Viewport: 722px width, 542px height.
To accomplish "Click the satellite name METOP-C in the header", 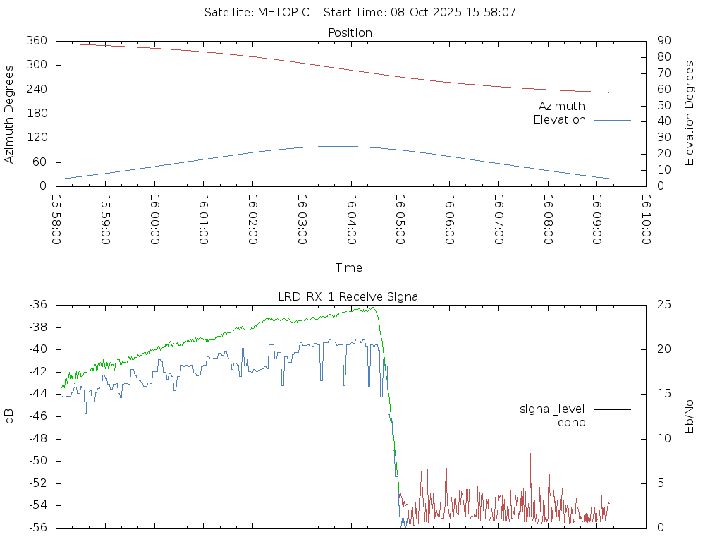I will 283,12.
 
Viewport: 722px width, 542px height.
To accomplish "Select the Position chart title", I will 350,32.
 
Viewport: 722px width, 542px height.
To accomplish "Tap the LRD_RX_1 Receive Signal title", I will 350,296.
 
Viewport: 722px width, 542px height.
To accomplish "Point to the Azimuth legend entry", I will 562,106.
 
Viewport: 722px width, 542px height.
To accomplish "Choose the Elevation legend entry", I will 559,120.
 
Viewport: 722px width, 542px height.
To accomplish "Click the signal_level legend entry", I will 553,409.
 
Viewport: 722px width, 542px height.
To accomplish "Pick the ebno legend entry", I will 571,422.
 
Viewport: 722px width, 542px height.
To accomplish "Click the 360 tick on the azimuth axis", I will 37,41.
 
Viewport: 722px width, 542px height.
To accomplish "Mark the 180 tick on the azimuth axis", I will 37,114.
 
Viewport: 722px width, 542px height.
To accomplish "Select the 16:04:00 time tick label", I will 351,220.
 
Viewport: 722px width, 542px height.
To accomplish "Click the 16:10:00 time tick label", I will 645,220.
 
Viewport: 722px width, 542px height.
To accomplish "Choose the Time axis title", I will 349,267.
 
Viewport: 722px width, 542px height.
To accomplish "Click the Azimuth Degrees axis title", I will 9,114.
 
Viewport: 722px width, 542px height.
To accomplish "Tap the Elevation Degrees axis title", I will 690,114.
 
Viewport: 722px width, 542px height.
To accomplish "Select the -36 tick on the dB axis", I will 37,305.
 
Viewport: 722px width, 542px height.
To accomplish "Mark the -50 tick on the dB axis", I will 37,461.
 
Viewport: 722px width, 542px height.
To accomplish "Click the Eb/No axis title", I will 690,416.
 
